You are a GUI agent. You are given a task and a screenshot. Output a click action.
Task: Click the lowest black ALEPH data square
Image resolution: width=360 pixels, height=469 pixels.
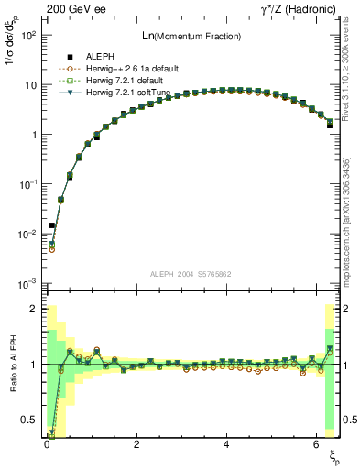(x=52, y=224)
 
